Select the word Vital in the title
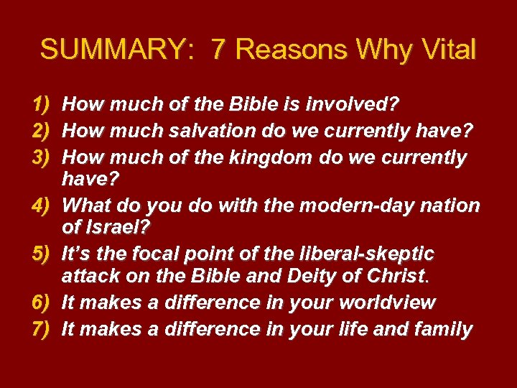coord(448,50)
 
